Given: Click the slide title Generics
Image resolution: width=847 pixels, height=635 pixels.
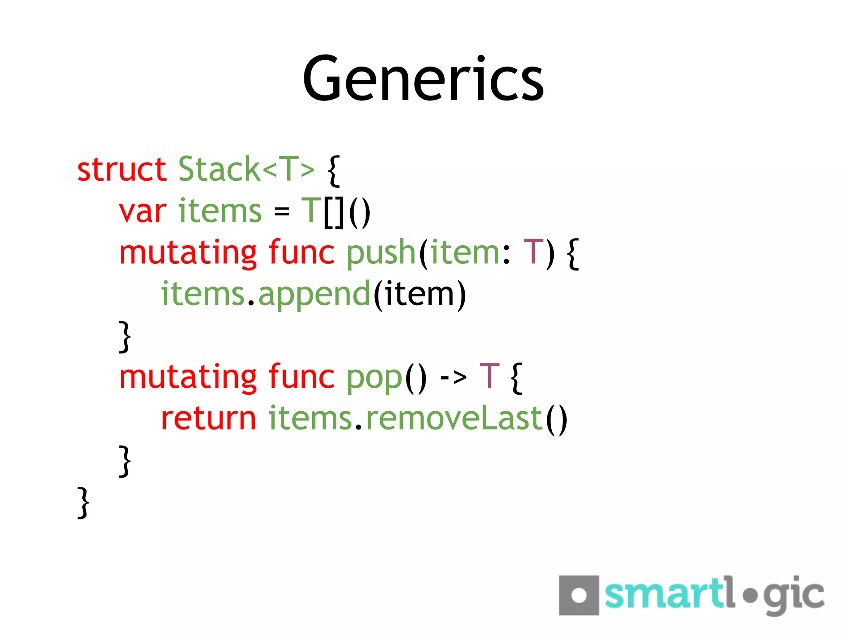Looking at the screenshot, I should click(423, 79).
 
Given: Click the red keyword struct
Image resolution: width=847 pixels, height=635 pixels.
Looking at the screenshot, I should click(122, 169).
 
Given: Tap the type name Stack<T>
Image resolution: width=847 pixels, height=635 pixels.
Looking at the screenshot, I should click(246, 169).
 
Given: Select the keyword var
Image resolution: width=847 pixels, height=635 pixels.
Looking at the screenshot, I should click(143, 212).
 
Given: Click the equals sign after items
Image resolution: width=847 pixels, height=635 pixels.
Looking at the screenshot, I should click(281, 212).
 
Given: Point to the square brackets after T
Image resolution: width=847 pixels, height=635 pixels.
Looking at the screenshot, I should click(334, 213).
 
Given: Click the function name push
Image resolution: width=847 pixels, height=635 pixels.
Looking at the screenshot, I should click(380, 253).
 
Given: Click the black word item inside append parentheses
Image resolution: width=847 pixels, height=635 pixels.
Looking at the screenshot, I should click(419, 294).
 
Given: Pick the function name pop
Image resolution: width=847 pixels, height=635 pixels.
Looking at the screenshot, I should click(374, 378).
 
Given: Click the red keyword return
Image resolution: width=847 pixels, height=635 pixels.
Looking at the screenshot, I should click(208, 419).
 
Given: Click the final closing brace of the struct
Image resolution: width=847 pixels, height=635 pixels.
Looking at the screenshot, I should click(83, 502).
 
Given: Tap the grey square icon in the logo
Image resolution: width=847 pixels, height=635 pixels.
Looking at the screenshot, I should click(579, 595).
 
